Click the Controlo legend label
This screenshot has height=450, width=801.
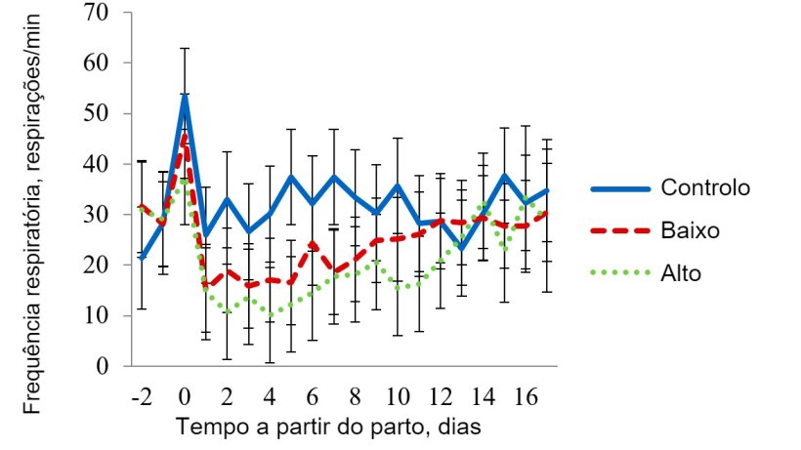[x=705, y=187]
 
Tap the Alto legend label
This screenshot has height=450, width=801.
[x=681, y=274]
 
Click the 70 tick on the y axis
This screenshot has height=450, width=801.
[x=108, y=12]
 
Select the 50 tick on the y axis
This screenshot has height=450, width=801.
[x=108, y=113]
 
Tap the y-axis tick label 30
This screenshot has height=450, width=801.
[x=108, y=215]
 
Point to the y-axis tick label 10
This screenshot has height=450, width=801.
[x=108, y=315]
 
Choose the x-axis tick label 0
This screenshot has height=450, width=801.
[x=185, y=398]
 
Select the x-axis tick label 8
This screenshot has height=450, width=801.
[x=355, y=398]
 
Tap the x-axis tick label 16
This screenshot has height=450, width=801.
[x=525, y=398]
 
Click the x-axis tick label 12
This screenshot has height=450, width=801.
[x=440, y=398]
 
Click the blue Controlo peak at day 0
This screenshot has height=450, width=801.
[x=185, y=96]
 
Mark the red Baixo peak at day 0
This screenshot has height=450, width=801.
[x=185, y=136]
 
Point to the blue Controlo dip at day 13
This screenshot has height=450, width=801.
[x=461, y=248]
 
